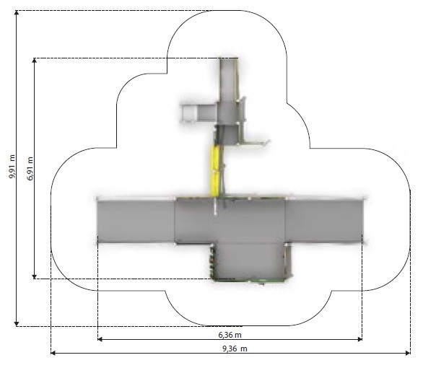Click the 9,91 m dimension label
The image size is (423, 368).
(12, 167)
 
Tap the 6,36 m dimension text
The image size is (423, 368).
(230, 335)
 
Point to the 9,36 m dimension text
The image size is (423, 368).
(235, 349)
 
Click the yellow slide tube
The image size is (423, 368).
(215, 171)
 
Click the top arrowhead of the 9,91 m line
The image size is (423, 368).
(17, 13)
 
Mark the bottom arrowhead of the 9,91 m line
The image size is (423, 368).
(17, 323)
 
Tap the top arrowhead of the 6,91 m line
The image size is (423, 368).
(34, 61)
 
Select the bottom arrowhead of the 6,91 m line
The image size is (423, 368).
(34, 276)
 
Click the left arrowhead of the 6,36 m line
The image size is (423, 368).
(100, 339)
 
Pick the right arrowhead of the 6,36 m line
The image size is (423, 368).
(359, 339)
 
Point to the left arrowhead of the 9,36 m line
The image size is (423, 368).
(53, 353)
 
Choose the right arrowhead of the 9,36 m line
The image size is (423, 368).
(407, 353)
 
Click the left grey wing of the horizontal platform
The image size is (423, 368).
(136, 221)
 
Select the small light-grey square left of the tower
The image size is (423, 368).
(189, 113)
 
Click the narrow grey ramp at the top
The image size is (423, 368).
(229, 79)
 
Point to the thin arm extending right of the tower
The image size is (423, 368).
(254, 143)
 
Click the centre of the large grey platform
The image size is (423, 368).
(230, 221)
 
